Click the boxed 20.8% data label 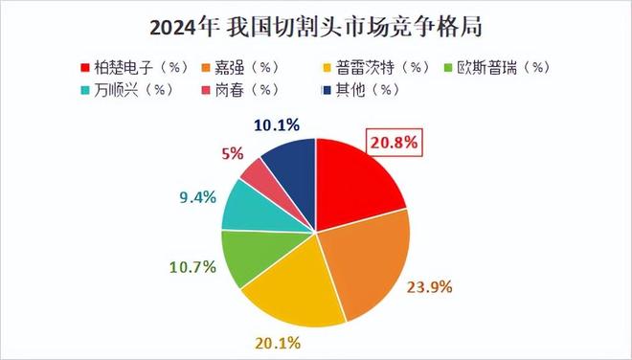394,144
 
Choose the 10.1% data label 280,124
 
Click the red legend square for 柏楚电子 84,67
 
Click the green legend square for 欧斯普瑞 458,67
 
